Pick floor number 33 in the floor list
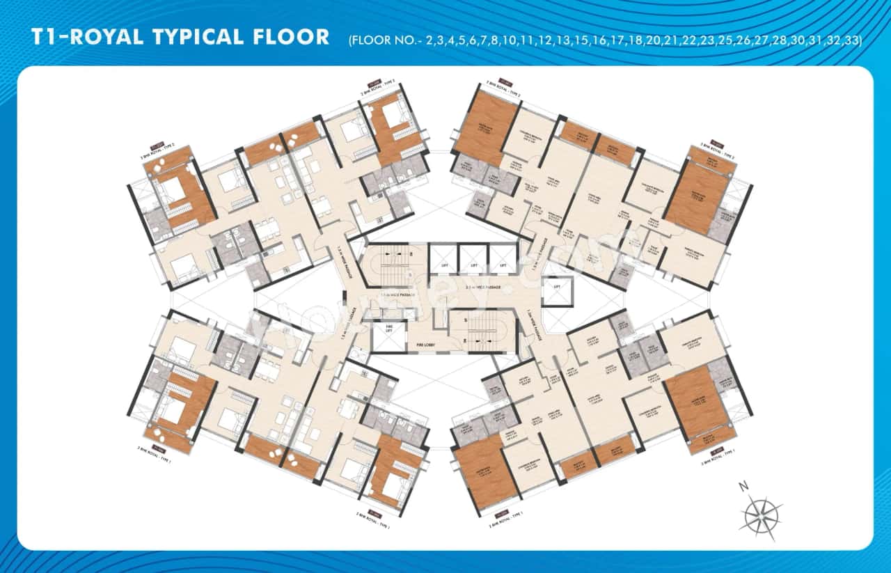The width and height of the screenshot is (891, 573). pos(851,40)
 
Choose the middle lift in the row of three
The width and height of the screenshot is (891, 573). pos(473,258)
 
